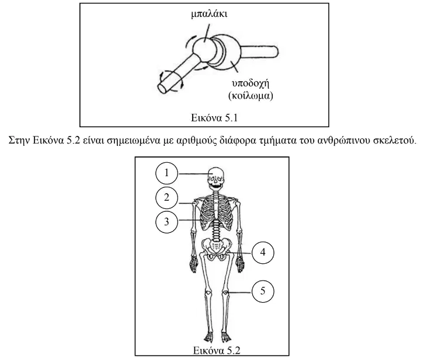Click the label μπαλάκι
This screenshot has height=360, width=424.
(208, 14)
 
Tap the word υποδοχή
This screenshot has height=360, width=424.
(251, 83)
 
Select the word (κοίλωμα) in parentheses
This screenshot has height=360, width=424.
(251, 96)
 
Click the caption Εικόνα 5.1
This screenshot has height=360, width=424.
(214, 118)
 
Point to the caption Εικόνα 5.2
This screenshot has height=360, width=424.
(217, 350)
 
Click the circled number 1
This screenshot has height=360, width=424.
(166, 173)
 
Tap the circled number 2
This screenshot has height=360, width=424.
(166, 197)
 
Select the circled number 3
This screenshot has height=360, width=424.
(166, 222)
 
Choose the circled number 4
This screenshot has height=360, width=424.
(263, 253)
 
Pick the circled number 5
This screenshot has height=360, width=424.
(263, 291)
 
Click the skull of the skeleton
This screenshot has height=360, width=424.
(216, 179)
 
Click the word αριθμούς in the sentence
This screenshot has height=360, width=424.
(194, 141)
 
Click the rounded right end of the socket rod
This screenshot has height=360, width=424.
(276, 51)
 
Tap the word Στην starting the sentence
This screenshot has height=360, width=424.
(19, 141)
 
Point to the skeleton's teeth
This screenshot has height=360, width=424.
(216, 186)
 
